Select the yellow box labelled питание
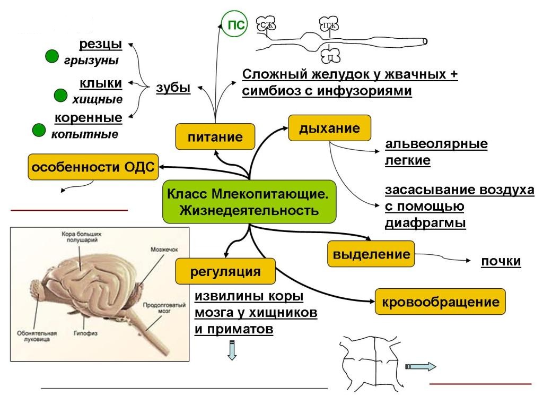215,137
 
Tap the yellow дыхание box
329,128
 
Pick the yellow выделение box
371,254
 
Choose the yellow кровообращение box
440,303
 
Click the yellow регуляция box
225,272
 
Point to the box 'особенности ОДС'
92,168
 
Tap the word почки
501,261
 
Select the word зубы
173,88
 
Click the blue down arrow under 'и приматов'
232,350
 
